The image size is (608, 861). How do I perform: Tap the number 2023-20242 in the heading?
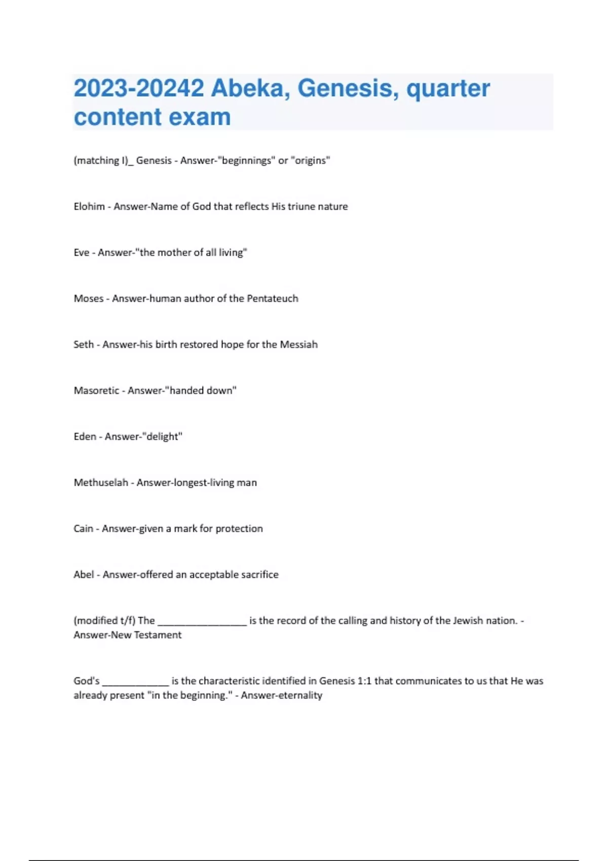pos(138,89)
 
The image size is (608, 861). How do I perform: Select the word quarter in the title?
pos(448,89)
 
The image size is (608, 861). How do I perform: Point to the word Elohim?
pos(89,207)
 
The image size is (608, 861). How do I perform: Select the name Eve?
pos(81,253)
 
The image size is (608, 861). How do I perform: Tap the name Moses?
pos(89,299)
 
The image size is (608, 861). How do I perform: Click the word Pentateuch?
pos(272,299)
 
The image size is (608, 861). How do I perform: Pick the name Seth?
pos(84,345)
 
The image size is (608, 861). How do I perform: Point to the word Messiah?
pos(298,345)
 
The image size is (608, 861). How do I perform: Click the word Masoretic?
pos(96,390)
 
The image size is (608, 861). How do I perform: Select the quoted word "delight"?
pos(164,437)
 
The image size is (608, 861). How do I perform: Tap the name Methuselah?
pos(101,483)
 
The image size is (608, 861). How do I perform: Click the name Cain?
pos(83,529)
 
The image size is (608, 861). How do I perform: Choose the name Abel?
pos(84,575)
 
